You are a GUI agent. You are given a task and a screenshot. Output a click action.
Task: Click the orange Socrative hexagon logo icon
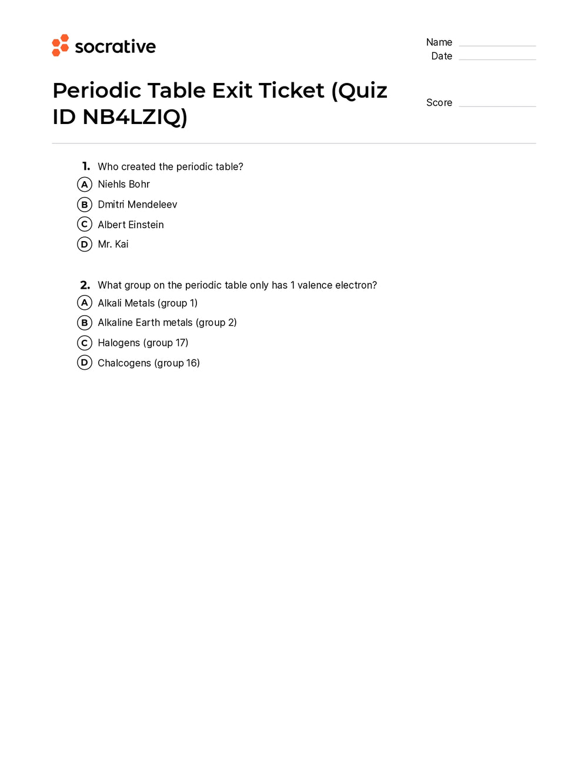[60, 45]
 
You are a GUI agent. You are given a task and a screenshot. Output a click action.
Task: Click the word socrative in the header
[115, 46]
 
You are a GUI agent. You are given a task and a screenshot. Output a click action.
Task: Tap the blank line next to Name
[497, 44]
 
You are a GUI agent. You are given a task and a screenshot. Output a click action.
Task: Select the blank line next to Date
[497, 57]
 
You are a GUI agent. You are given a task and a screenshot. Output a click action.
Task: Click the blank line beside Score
[497, 104]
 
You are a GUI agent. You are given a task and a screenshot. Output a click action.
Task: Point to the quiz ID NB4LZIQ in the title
[134, 117]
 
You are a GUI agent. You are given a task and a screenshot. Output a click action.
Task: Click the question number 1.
[86, 166]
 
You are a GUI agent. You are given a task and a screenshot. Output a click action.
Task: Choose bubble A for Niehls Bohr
[85, 185]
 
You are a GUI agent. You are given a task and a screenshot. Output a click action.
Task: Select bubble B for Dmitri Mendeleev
[85, 205]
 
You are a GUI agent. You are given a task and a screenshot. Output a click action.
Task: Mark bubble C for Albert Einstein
[85, 225]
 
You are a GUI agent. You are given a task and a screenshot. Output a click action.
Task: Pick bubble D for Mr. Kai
[85, 244]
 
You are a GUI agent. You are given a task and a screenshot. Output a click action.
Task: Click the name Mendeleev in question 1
[152, 205]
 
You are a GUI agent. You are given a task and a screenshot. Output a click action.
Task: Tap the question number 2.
[85, 285]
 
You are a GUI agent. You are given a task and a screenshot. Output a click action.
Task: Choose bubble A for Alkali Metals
[85, 303]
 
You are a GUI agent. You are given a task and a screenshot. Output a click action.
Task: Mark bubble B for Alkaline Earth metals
[85, 323]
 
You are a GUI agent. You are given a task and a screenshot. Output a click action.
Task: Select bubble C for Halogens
[85, 343]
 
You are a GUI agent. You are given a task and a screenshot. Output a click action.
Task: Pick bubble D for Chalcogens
[85, 363]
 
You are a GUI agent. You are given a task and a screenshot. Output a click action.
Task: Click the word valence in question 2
[315, 285]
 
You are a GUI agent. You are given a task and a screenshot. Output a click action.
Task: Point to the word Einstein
[146, 225]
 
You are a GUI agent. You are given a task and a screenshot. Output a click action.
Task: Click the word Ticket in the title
[291, 91]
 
